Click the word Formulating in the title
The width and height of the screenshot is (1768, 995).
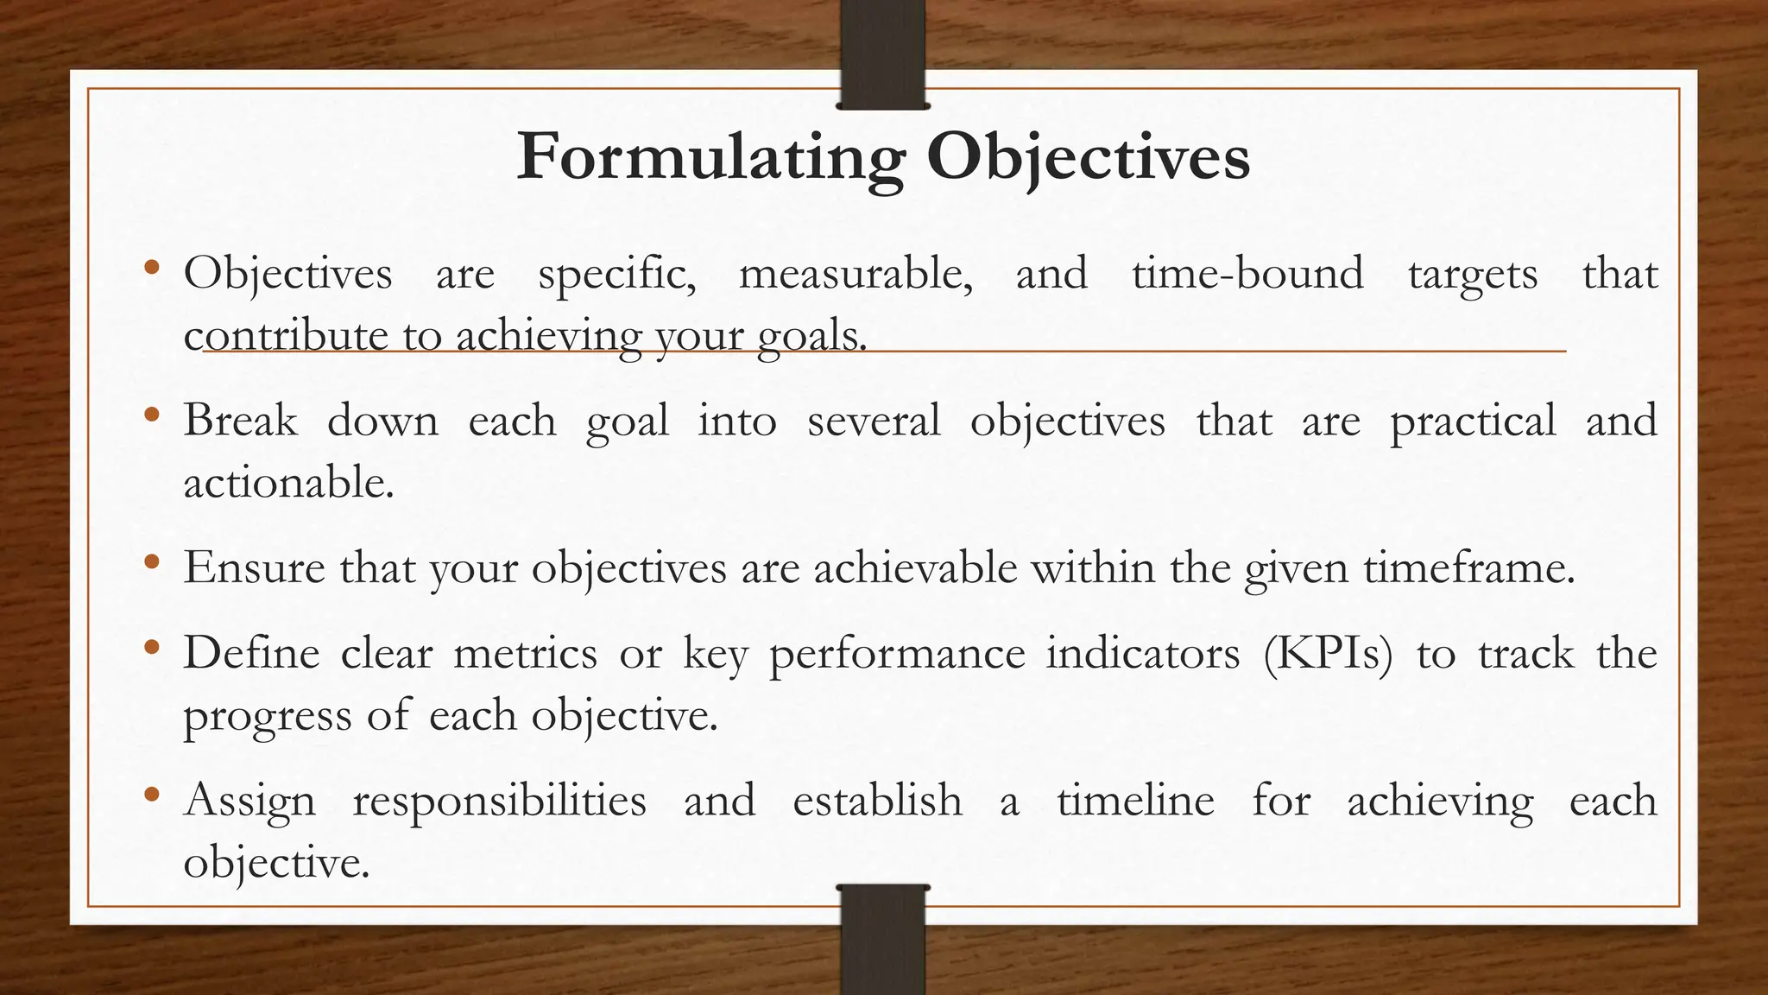(x=710, y=157)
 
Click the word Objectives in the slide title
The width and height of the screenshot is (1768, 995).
(x=1088, y=157)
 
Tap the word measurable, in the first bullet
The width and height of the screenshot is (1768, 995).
(x=856, y=274)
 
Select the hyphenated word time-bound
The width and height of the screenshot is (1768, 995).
(x=1247, y=274)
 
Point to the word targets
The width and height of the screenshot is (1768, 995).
(x=1473, y=276)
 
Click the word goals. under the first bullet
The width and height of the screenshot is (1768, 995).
(x=811, y=336)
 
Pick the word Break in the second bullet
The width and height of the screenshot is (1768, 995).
(x=240, y=421)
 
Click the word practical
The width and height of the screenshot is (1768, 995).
(x=1473, y=422)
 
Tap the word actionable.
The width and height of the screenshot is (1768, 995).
(x=288, y=482)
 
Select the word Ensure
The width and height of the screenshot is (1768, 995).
(x=255, y=567)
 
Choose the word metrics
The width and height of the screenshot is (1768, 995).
(x=525, y=652)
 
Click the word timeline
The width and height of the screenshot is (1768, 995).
(x=1135, y=800)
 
